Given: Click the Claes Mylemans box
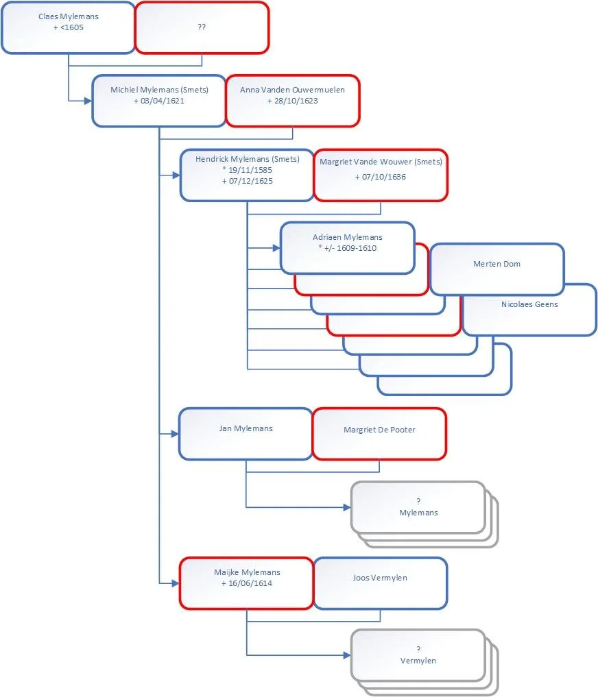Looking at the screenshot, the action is point(68,27).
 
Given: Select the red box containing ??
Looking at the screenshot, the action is point(202,27).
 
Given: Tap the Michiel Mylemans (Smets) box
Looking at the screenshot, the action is point(159,101).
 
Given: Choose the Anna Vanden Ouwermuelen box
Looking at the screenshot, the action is point(293,101).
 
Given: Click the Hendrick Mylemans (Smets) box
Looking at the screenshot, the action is point(247,175).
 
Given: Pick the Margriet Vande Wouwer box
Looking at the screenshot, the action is point(381,175).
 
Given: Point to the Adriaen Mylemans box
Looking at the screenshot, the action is point(348,248).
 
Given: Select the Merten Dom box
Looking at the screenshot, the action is point(497,269).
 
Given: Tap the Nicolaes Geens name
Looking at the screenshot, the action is point(529,304).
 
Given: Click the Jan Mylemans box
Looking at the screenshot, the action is point(246,434).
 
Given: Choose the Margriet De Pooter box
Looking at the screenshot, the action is point(379,434).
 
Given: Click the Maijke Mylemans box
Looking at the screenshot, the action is point(247,583).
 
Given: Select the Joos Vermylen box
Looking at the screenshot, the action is point(381,583).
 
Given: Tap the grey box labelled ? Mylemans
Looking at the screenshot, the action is point(418,507).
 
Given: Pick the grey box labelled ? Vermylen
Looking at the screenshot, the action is point(418,655).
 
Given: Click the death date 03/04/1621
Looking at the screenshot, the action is point(163,101).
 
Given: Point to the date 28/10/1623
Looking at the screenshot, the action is point(296,101).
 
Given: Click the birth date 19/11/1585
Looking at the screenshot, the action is point(250,170).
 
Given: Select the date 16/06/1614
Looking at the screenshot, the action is point(250,584).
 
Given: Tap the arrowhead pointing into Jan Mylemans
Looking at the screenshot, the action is point(175,434).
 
